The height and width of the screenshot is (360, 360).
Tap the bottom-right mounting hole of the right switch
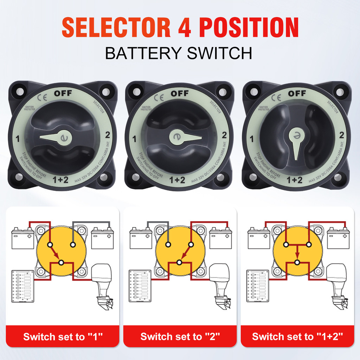(339, 178)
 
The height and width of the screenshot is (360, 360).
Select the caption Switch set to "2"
(180, 336)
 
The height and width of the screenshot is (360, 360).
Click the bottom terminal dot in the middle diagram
(179, 262)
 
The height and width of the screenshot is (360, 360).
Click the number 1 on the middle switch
(134, 139)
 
